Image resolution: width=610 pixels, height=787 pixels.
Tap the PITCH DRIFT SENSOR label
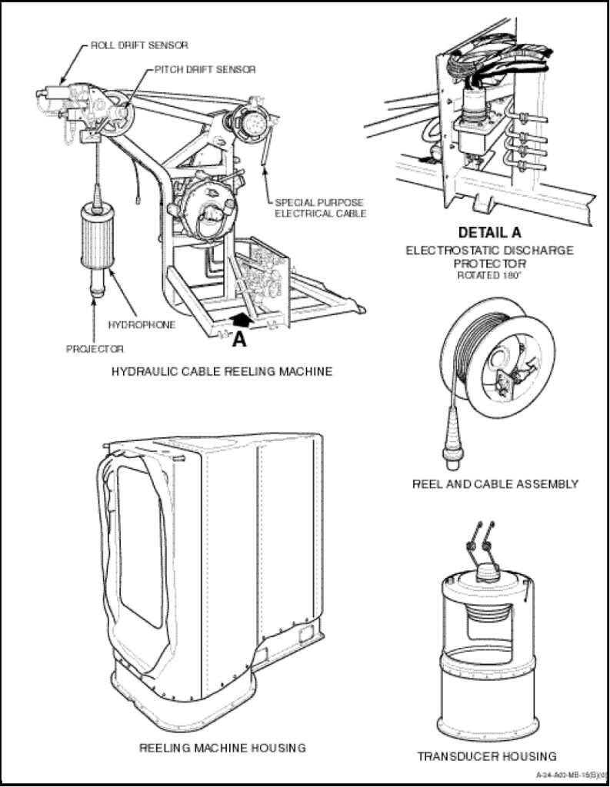pyautogui.click(x=205, y=69)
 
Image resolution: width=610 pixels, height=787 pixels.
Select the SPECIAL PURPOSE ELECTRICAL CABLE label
pyautogui.click(x=319, y=208)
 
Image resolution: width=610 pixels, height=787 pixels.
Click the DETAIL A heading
pyautogui.click(x=489, y=232)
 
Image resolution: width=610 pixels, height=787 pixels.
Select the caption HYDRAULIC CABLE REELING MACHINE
pyautogui.click(x=222, y=372)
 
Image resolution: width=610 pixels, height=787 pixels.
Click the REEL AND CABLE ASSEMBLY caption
pyautogui.click(x=495, y=484)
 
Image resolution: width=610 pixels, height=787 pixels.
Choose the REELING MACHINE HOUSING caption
pyautogui.click(x=222, y=747)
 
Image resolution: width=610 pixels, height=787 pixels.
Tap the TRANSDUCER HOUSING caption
pyautogui.click(x=486, y=756)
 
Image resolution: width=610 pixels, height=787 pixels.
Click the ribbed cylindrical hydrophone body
pyautogui.click(x=97, y=237)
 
